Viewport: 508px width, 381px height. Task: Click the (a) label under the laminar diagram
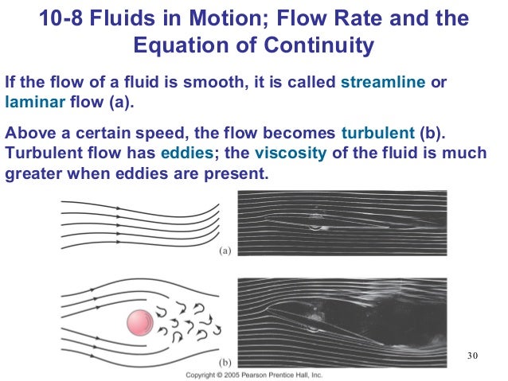coord(225,251)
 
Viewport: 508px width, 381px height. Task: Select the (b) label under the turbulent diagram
coord(225,360)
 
